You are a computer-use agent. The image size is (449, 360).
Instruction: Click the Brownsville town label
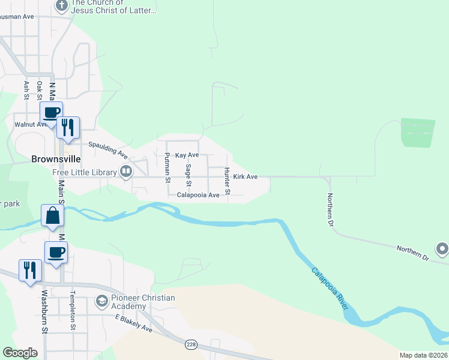click(x=56, y=160)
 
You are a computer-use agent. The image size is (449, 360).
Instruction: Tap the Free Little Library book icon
click(x=126, y=173)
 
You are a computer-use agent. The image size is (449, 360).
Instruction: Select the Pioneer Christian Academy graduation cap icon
click(x=102, y=300)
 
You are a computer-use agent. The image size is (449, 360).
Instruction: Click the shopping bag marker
click(x=53, y=215)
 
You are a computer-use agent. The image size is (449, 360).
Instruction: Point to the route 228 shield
click(x=190, y=344)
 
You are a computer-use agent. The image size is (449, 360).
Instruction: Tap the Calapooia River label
click(x=330, y=288)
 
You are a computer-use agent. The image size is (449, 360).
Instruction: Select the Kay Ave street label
click(x=187, y=155)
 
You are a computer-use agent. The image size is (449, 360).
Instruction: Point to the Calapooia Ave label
click(x=197, y=195)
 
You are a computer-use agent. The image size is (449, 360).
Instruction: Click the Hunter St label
click(x=228, y=181)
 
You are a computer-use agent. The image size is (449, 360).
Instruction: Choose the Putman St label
click(x=167, y=167)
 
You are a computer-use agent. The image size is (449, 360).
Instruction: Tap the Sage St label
click(x=188, y=174)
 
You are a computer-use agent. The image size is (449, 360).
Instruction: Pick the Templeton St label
click(x=72, y=311)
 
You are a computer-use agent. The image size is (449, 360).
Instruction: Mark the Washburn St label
click(x=44, y=311)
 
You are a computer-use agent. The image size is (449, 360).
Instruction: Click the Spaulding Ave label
click(x=109, y=149)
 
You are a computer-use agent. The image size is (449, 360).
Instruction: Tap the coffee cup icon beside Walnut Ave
click(x=52, y=112)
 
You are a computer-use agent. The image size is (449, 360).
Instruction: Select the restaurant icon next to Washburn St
click(x=29, y=270)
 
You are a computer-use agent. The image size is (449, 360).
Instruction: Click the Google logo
click(x=20, y=352)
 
